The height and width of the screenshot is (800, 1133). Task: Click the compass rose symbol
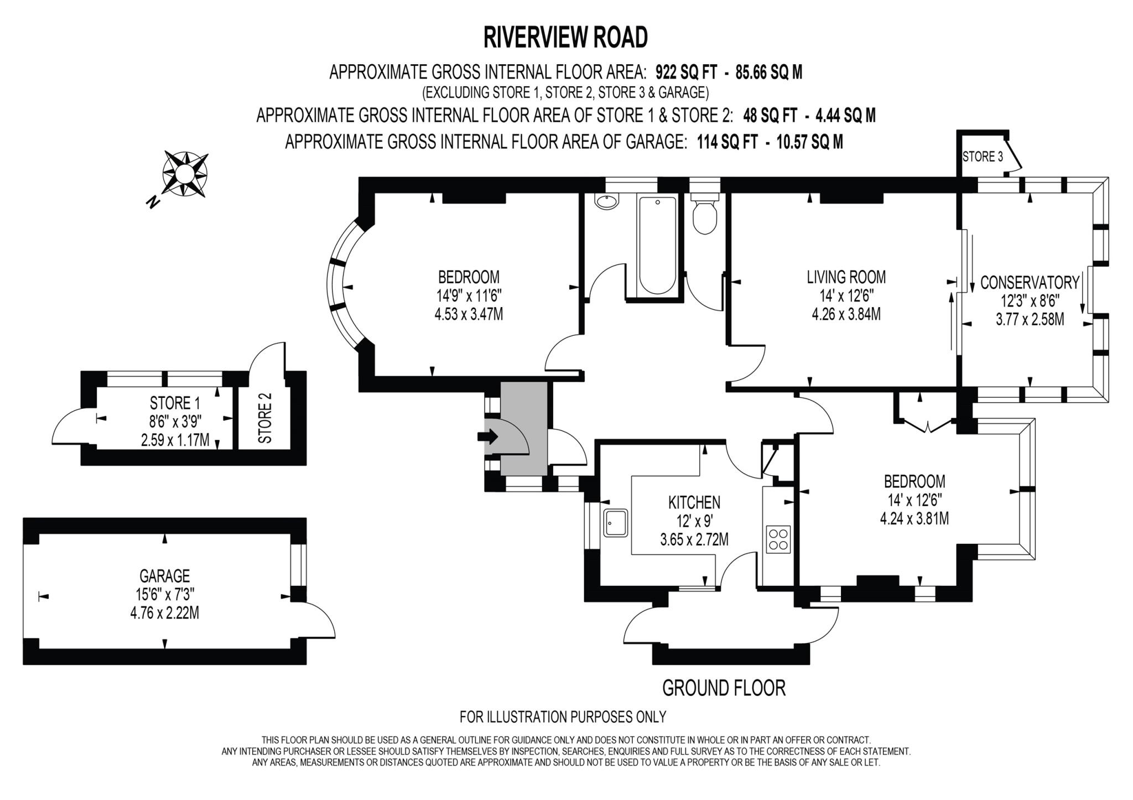pyautogui.click(x=185, y=174)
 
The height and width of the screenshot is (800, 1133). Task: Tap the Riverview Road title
pyautogui.click(x=565, y=38)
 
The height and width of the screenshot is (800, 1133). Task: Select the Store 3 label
pyautogui.click(x=983, y=157)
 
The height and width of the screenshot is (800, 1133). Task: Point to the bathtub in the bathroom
pyautogui.click(x=657, y=246)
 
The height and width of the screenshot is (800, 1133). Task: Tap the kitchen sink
pyautogui.click(x=616, y=523)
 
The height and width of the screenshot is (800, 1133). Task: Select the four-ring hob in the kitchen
pyautogui.click(x=778, y=539)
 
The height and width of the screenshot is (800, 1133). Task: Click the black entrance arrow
pyautogui.click(x=487, y=437)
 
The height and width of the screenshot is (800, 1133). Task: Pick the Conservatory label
pyautogui.click(x=1030, y=283)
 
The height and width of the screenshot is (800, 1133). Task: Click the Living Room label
pyautogui.click(x=846, y=277)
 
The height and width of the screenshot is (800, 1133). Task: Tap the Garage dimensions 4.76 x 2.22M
pyautogui.click(x=164, y=612)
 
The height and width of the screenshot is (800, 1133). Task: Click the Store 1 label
pyautogui.click(x=175, y=403)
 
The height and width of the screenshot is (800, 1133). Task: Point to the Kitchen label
pyautogui.click(x=694, y=502)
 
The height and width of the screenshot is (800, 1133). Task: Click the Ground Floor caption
pyautogui.click(x=724, y=688)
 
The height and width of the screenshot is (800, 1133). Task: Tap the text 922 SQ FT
pyautogui.click(x=686, y=72)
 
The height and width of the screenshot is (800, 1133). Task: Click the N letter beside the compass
pyautogui.click(x=153, y=202)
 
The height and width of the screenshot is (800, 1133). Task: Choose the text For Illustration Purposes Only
pyautogui.click(x=563, y=717)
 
